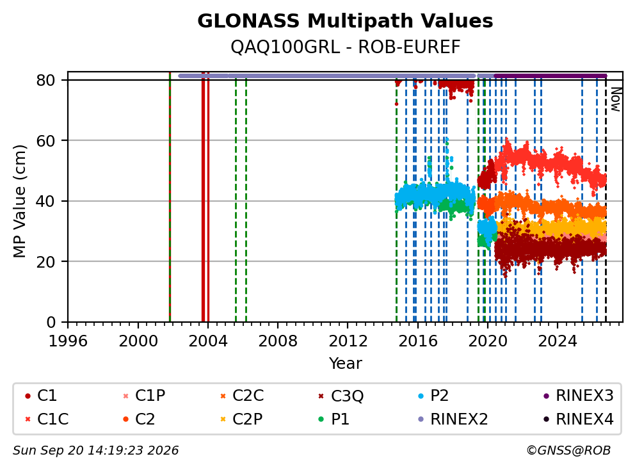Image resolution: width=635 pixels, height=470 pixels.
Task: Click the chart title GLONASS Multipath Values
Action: tap(345, 21)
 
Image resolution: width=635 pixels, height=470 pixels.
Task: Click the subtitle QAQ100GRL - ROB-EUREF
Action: tap(345, 47)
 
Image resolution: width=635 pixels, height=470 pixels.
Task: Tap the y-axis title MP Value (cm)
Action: tap(19, 201)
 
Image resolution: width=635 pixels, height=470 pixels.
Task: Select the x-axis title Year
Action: tap(345, 364)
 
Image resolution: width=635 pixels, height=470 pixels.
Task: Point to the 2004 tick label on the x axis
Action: tap(208, 341)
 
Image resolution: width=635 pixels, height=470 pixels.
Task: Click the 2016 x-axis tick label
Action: tap(417, 341)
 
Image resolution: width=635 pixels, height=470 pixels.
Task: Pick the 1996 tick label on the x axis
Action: tap(68, 341)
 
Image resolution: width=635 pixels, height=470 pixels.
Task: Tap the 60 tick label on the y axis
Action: tap(45, 141)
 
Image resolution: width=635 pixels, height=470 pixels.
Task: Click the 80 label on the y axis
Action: tap(45, 81)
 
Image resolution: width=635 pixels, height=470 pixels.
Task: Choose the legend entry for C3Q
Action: tap(341, 396)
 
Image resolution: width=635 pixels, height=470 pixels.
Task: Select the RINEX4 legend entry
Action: tap(578, 419)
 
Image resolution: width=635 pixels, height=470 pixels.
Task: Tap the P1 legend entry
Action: tap(334, 419)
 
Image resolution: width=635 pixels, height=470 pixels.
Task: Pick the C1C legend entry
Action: tap(47, 419)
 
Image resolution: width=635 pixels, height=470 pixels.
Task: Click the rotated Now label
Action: tap(616, 99)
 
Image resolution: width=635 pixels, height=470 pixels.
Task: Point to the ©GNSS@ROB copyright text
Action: tap(568, 451)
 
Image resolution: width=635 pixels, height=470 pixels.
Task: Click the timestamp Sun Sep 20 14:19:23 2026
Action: tap(95, 451)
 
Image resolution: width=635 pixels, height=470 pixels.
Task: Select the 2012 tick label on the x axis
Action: tap(348, 341)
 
